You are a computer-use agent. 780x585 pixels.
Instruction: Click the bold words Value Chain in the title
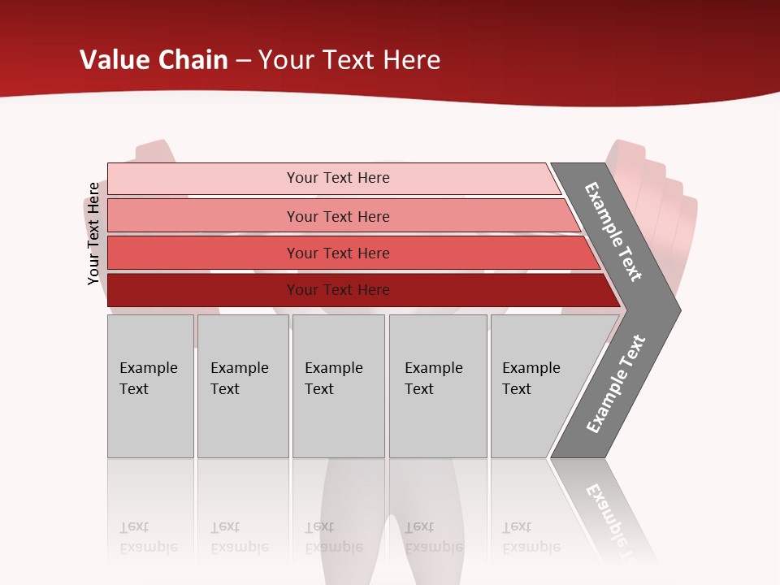[154, 60]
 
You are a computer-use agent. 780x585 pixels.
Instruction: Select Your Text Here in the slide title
[349, 60]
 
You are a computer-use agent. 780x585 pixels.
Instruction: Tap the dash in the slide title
[243, 61]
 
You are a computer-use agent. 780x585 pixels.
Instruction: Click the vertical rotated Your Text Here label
[93, 233]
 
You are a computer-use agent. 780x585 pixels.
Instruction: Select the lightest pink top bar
[337, 178]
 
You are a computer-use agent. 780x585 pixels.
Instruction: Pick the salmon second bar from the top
[337, 216]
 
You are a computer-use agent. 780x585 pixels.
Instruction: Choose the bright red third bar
[337, 253]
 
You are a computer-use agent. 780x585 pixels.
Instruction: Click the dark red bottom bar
[337, 290]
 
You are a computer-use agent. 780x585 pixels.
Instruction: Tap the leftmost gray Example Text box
[150, 386]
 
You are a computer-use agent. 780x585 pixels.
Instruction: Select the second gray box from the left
[242, 386]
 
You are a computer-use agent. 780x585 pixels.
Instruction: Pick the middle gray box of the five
[338, 386]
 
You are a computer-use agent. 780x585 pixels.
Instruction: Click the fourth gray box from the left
[437, 386]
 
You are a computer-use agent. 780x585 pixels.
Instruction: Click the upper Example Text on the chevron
[613, 232]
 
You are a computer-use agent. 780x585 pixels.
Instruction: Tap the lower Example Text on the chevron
[616, 383]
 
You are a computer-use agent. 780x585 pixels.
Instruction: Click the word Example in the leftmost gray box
[148, 368]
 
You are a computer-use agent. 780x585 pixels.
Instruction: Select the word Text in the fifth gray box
[516, 389]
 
